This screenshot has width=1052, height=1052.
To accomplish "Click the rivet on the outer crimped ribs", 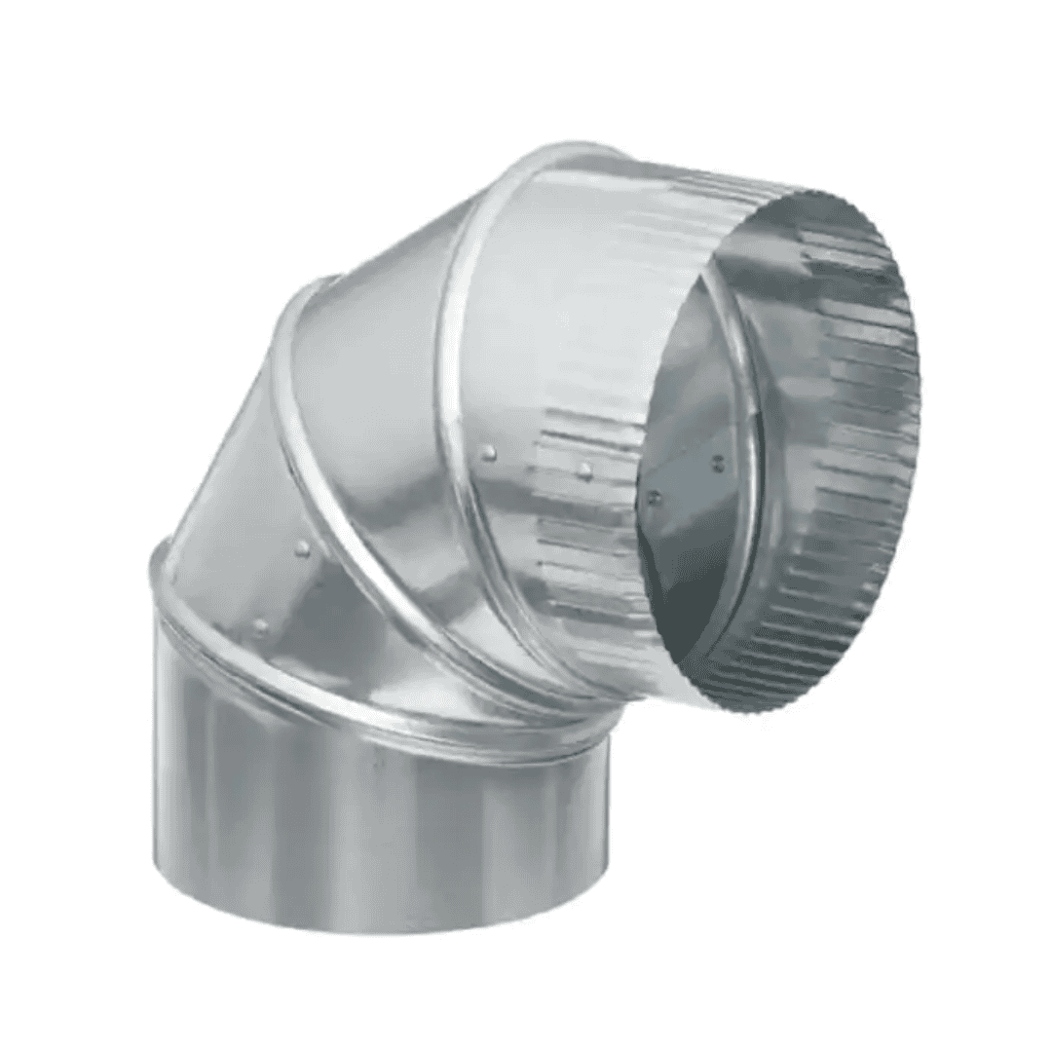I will pyautogui.click(x=584, y=470).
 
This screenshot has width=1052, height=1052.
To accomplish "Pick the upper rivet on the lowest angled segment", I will pyautogui.click(x=303, y=549).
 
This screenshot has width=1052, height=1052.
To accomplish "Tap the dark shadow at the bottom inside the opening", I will pyautogui.click(x=682, y=623).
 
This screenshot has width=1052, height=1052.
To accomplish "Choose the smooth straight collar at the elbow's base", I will pyautogui.click(x=370, y=818).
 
